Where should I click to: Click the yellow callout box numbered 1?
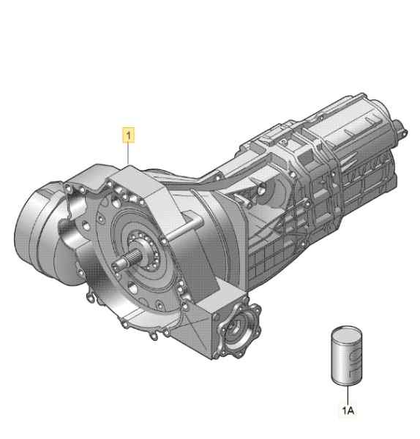[129, 135]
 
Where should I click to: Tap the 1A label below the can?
[348, 410]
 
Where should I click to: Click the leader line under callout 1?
[128, 154]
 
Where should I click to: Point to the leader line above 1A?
[348, 395]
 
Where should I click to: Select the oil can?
[347, 356]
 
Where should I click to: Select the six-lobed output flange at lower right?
[240, 331]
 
